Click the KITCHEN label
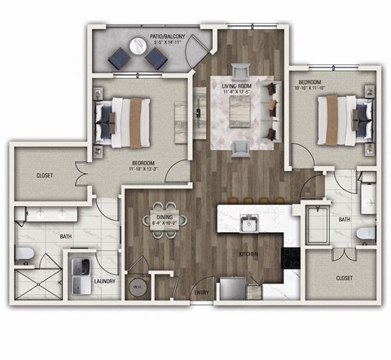point(248,254)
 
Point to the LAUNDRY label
point(104,283)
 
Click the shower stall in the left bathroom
point(38,284)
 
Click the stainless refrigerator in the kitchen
point(233,288)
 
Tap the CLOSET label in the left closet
point(45,176)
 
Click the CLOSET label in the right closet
point(345,278)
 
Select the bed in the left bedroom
point(122,121)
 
